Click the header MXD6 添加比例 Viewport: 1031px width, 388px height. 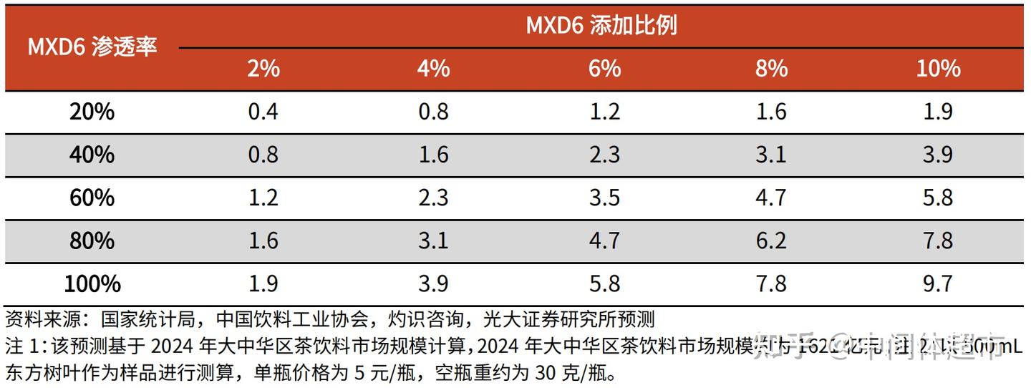[x=601, y=26]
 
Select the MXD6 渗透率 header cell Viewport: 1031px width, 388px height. [x=92, y=47]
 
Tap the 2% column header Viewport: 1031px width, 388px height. [x=263, y=69]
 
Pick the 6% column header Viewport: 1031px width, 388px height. [x=605, y=69]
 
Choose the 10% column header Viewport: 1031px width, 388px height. [x=937, y=69]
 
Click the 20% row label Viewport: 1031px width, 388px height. [x=92, y=112]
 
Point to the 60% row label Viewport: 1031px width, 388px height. [x=92, y=198]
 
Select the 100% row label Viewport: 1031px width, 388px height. [x=92, y=284]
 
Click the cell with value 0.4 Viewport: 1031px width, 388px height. [x=263, y=112]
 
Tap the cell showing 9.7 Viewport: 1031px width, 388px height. [x=937, y=284]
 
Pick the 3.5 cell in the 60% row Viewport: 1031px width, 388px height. [x=605, y=198]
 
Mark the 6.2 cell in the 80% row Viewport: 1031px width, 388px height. [x=771, y=241]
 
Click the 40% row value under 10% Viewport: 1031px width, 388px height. [x=937, y=155]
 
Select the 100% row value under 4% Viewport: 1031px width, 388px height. [x=433, y=284]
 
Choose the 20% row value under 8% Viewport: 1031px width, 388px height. [x=771, y=112]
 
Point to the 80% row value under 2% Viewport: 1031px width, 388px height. [x=263, y=241]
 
